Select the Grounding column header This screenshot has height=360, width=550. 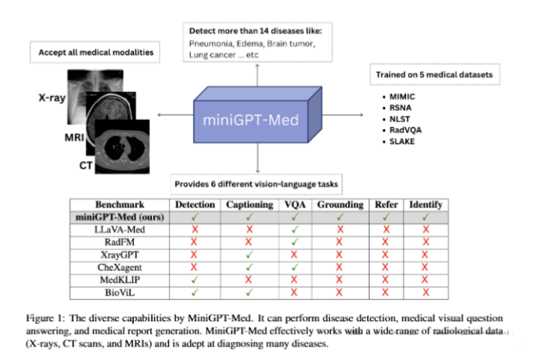click(x=339, y=204)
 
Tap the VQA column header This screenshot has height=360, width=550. click(x=294, y=204)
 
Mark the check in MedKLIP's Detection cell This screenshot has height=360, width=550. click(x=194, y=279)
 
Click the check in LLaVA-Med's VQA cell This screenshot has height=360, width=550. click(x=294, y=229)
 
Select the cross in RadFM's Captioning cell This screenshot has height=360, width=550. click(x=249, y=242)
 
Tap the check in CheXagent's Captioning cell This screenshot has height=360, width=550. click(x=249, y=267)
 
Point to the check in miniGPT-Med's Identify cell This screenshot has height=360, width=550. click(x=425, y=217)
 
